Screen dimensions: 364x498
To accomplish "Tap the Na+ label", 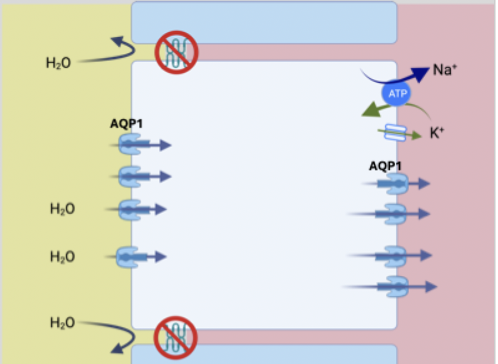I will [445, 70].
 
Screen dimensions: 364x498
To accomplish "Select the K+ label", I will [438, 132].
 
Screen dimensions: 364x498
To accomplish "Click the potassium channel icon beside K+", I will [393, 132].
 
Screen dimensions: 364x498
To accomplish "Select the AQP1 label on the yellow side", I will [126, 124].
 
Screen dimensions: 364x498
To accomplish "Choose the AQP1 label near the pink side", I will [385, 166].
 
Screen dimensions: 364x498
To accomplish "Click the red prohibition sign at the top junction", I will [176, 52].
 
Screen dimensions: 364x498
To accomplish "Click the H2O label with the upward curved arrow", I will [58, 63].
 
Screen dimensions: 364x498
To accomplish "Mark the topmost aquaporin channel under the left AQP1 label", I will [129, 145].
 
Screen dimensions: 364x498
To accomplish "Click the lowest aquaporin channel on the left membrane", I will [128, 257].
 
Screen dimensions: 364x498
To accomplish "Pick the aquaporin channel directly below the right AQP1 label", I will [396, 183].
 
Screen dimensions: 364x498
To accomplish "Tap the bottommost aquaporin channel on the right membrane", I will [396, 286].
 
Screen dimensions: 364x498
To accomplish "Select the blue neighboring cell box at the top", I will [264, 22].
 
